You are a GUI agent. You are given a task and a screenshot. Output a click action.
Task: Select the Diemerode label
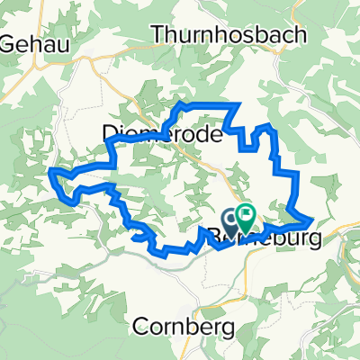pyautogui.click(x=149, y=133)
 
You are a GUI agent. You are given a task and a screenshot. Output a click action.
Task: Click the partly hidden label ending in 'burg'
pyautogui.click(x=270, y=233)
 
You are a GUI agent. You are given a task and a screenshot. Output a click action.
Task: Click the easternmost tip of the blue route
pyautogui.click(x=312, y=219)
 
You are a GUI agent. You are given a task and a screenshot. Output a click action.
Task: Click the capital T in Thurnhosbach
pyautogui.click(x=160, y=34)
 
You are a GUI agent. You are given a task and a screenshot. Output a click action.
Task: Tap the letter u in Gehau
pyautogui.click(x=55, y=41)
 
